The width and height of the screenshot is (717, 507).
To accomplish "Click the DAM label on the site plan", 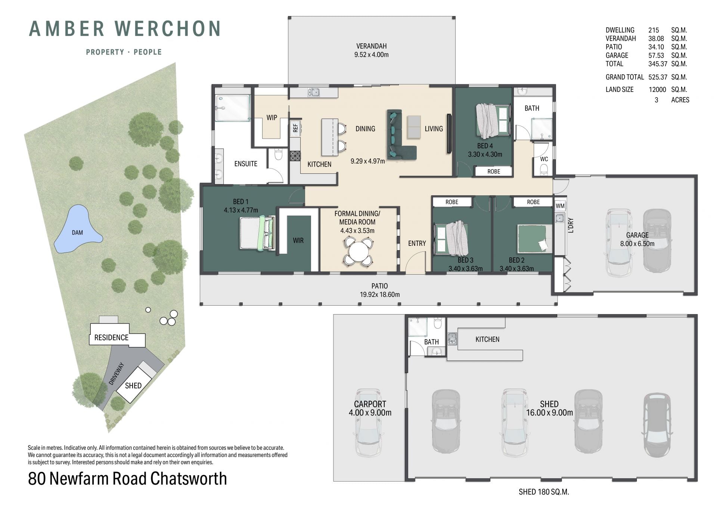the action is [77, 232].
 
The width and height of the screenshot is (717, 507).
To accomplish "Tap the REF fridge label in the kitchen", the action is [296, 128].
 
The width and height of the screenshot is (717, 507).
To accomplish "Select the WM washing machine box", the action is [560, 206].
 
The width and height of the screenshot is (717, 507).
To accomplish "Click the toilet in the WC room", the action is [544, 169].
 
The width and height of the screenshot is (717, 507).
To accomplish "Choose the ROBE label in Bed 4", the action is [494, 171].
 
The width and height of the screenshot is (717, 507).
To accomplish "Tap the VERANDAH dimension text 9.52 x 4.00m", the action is [371, 55].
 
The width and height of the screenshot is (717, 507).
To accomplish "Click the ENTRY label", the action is [417, 244].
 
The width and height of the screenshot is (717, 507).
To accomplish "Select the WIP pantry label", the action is [272, 118].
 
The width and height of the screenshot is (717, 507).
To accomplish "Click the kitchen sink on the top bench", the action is [313, 92].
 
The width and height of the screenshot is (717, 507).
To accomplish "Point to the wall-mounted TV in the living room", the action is [449, 134].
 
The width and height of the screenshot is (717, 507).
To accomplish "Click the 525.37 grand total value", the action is [658, 77].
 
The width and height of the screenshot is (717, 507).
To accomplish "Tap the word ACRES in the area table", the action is [680, 100].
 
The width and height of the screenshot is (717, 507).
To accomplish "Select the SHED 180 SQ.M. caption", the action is [544, 492].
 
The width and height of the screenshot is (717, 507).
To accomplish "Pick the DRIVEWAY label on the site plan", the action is [117, 374].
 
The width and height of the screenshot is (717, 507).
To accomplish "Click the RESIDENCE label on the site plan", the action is [111, 338].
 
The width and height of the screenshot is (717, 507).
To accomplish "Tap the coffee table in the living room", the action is [414, 127].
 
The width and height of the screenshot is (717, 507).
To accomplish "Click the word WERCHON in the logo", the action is [168, 29].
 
